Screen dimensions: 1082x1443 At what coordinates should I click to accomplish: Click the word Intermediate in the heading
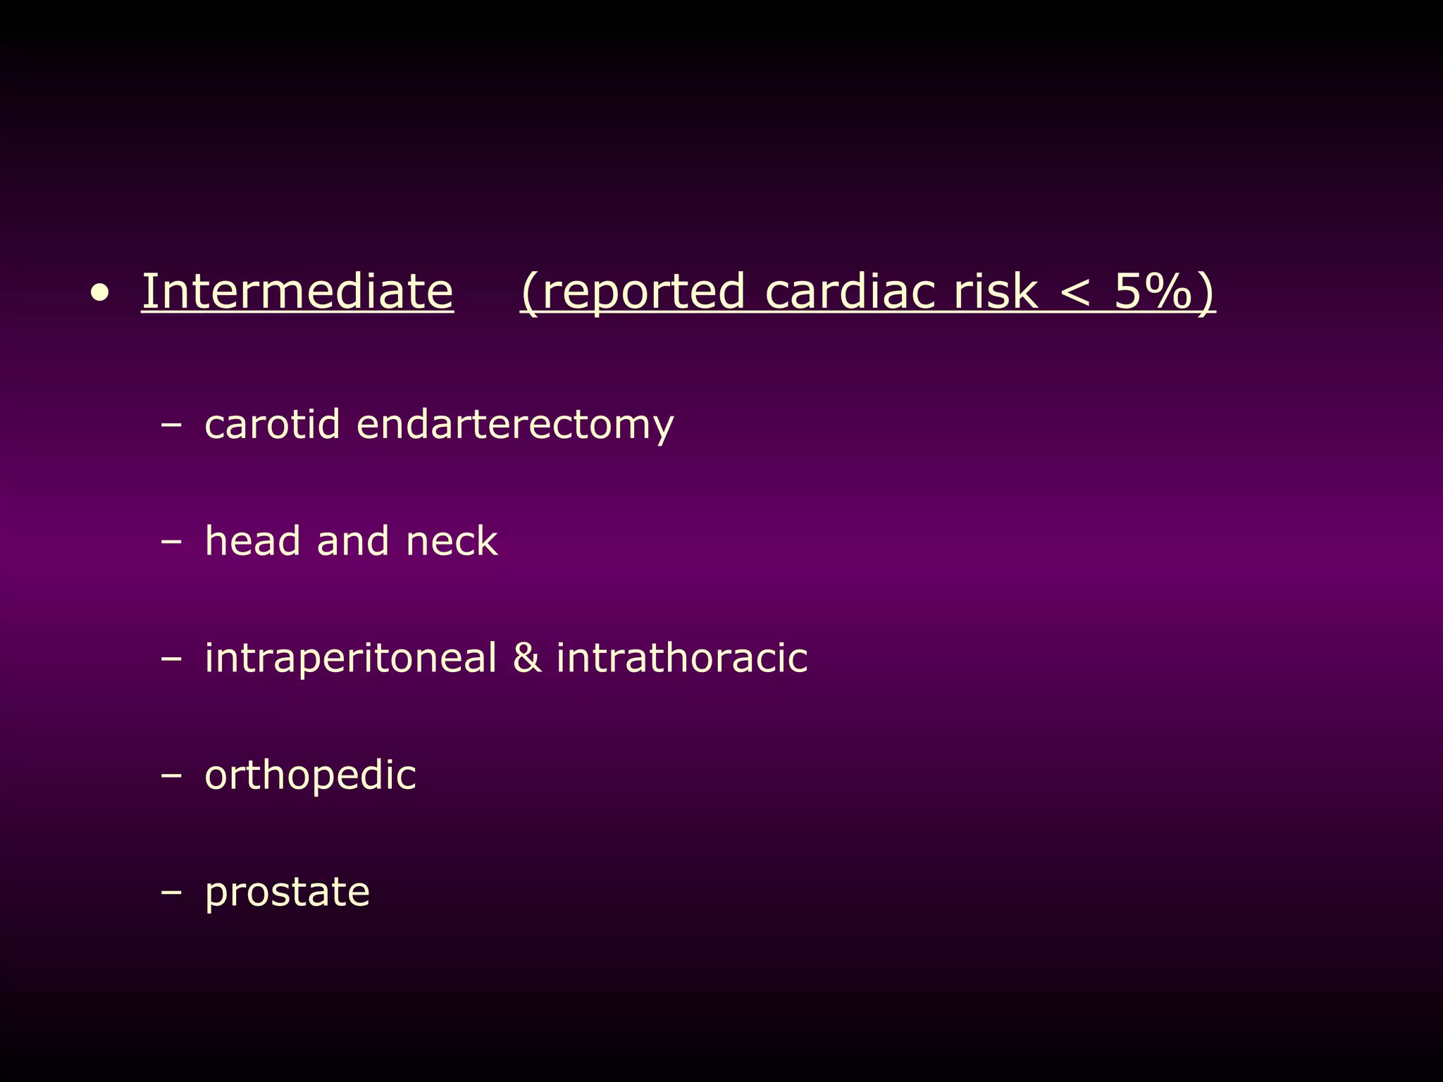coord(297,292)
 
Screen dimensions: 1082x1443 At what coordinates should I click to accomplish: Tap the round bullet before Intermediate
coord(101,294)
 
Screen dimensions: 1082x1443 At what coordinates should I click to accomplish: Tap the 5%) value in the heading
coord(1164,292)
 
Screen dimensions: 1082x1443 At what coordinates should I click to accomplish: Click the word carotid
coord(272,424)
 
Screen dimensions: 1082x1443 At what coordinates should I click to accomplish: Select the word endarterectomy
coord(515,425)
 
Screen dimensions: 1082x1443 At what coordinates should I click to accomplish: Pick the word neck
coord(452,541)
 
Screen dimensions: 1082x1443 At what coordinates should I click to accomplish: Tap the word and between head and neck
coord(352,541)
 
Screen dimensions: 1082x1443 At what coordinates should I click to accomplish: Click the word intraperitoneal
coord(351,658)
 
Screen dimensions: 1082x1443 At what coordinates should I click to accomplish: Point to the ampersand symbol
coord(526,658)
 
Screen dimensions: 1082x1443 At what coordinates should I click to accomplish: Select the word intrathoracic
coord(681,658)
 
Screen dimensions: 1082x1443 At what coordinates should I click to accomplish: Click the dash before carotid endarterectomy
coord(171,425)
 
